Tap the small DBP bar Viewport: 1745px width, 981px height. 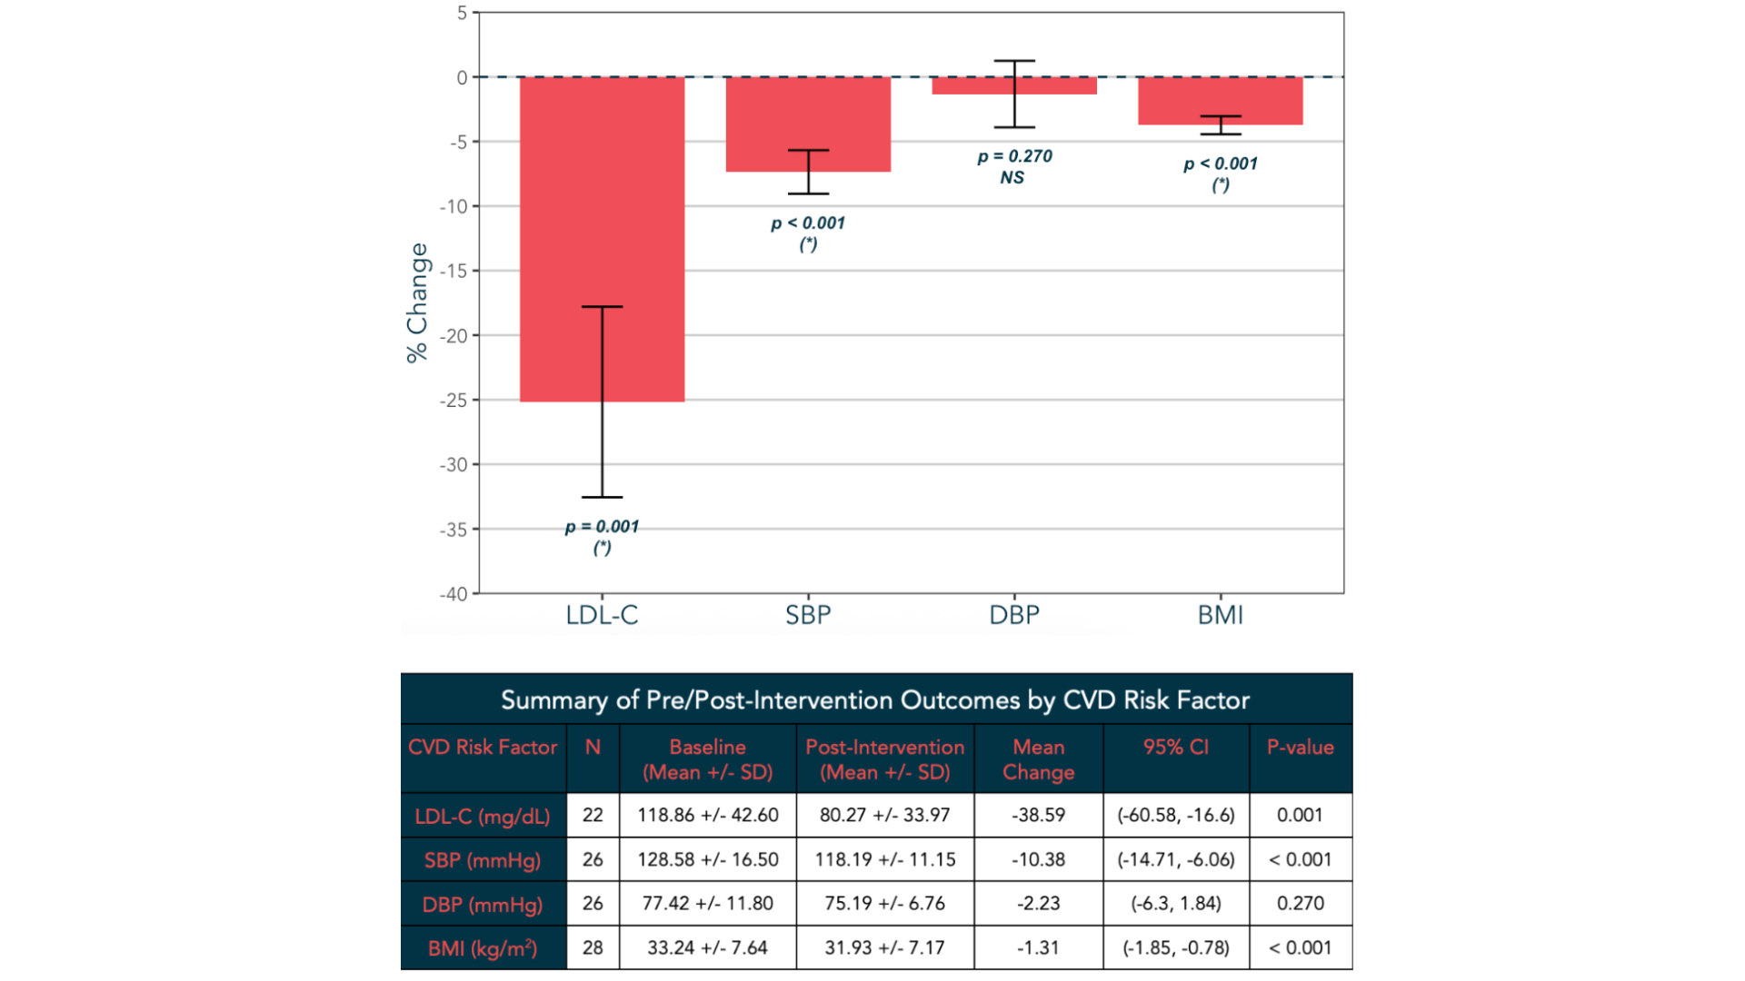click(972, 86)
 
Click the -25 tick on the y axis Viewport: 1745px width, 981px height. click(454, 401)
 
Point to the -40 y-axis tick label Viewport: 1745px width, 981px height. click(454, 594)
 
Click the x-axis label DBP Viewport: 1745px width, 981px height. click(1013, 615)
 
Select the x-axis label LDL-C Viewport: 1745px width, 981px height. click(602, 615)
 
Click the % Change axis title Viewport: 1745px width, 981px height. click(417, 302)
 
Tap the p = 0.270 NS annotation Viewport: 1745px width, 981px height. click(1013, 166)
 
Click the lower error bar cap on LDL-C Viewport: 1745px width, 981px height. click(602, 497)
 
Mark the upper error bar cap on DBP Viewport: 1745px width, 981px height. click(1014, 61)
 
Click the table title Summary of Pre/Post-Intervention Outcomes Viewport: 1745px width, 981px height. click(875, 700)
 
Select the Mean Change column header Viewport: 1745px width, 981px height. click(1038, 759)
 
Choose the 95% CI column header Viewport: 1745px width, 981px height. click(1175, 748)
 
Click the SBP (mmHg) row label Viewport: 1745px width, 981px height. click(483, 860)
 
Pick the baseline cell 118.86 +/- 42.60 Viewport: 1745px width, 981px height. click(707, 815)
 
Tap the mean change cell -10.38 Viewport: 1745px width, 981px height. click(1038, 859)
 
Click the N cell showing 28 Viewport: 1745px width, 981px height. click(593, 947)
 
